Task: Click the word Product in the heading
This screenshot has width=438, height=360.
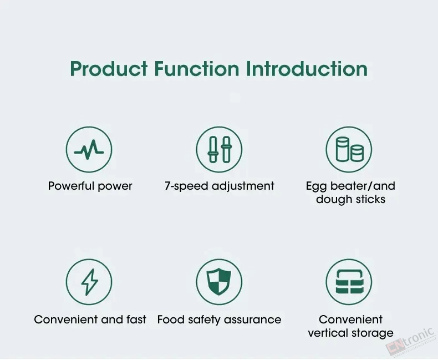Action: (x=109, y=69)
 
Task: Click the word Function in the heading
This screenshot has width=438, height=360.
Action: (x=197, y=69)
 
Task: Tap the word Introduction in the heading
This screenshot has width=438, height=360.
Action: (x=307, y=69)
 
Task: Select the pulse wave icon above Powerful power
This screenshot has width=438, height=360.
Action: (x=89, y=149)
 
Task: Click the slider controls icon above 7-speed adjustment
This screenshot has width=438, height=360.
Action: (x=220, y=149)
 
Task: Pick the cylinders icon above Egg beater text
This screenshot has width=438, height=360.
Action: (x=349, y=149)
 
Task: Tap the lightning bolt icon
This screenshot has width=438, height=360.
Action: (x=89, y=282)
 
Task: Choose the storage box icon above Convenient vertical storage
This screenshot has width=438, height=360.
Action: (x=349, y=282)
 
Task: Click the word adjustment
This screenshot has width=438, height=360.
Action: (x=243, y=186)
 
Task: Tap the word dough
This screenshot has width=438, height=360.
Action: (x=334, y=200)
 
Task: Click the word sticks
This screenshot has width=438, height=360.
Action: (x=370, y=199)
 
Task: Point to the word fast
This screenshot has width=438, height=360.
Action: (x=136, y=320)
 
